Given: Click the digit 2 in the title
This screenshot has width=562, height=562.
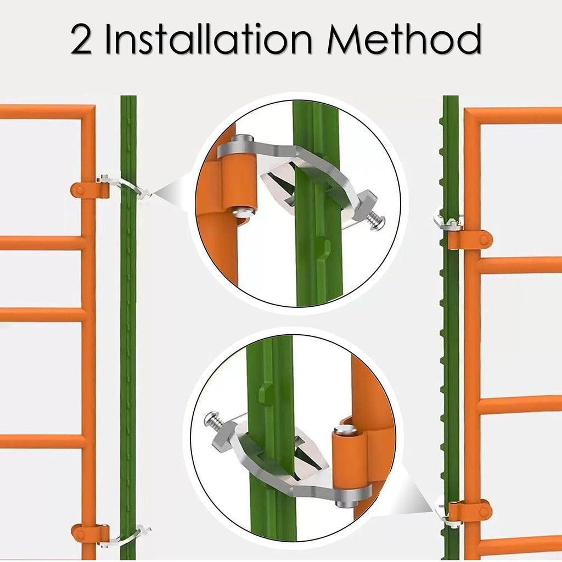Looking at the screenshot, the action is coord(81,39).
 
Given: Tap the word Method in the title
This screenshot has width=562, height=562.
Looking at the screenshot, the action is coord(404,39).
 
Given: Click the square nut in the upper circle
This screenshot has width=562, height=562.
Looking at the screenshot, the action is coord(365,207).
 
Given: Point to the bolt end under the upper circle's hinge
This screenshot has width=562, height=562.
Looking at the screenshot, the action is coord(244,213).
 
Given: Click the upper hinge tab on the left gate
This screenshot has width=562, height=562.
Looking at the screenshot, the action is coord(89,190).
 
